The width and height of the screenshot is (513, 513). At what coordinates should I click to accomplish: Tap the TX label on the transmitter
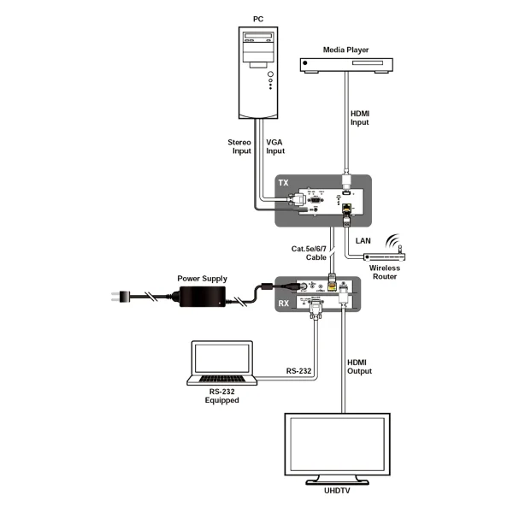(x=285, y=185)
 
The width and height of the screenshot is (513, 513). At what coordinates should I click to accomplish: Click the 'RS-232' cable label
(x=298, y=371)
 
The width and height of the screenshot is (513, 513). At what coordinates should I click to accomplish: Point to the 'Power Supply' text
(x=202, y=278)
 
